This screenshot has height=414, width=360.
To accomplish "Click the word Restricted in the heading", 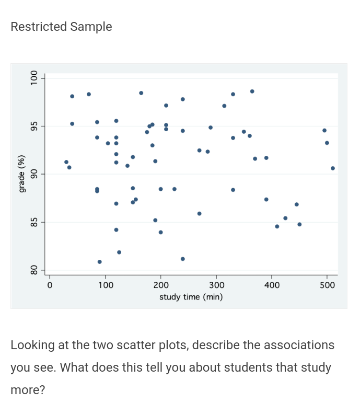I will point(38,27).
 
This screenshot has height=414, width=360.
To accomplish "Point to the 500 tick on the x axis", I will point(327,285).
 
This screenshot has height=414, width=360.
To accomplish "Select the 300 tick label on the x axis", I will point(216,285).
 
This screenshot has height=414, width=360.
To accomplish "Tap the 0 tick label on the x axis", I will point(50,285).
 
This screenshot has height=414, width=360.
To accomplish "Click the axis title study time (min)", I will point(191,297).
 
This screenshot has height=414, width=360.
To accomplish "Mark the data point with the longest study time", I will point(333,168).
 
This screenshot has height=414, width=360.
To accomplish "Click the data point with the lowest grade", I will point(99,262).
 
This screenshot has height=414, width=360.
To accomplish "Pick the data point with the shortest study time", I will point(66,162).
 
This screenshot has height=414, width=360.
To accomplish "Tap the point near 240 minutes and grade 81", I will point(182,259).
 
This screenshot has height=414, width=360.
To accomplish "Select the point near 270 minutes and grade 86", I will point(199,213).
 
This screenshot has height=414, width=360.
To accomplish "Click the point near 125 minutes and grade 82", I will point(119,252).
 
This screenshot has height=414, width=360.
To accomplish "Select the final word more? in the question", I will point(28,389).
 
